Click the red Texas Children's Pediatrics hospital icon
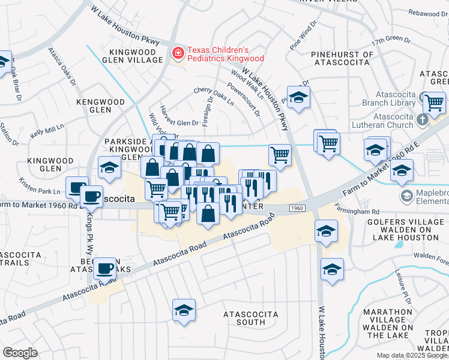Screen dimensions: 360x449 point(178,54)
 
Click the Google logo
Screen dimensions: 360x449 point(20,353)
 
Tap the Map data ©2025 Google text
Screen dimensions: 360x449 point(412,355)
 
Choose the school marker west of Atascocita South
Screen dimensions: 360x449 point(184,310)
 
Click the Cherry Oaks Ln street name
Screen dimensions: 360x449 point(214,95)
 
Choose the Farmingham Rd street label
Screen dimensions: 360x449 point(376,212)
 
